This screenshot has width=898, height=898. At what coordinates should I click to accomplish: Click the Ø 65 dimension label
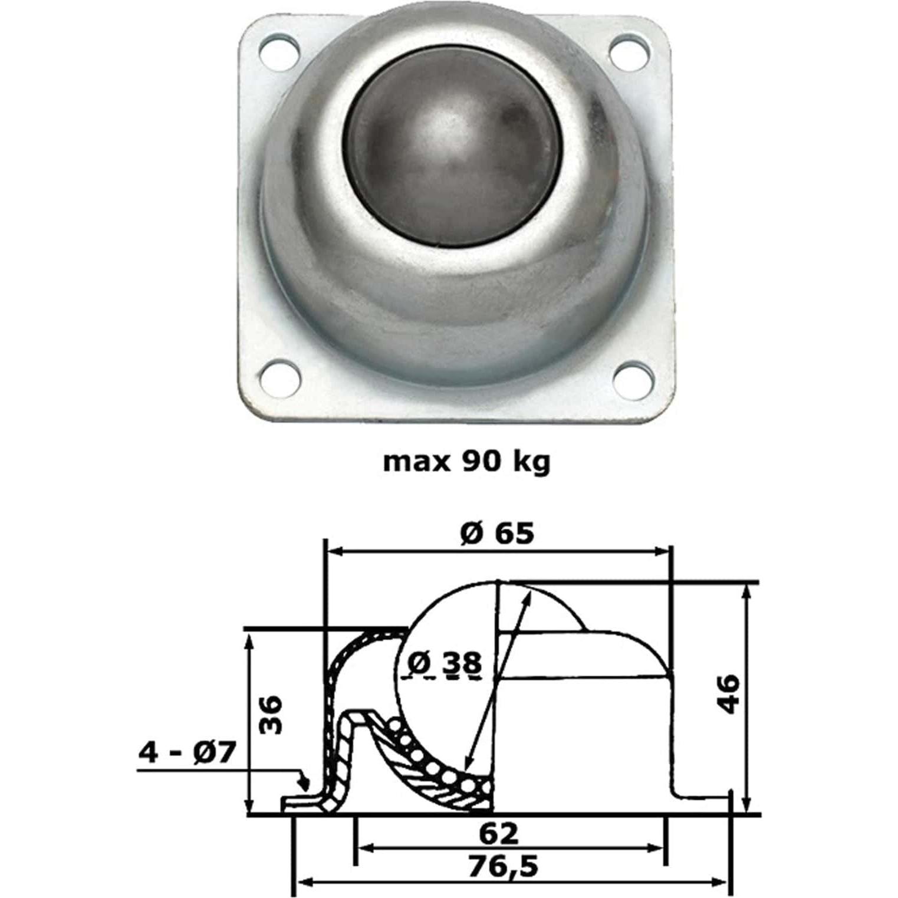pos(497,534)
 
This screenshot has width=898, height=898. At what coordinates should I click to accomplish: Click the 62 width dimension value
pos(499,833)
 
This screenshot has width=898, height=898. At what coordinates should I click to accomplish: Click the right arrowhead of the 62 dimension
pos(657,848)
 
